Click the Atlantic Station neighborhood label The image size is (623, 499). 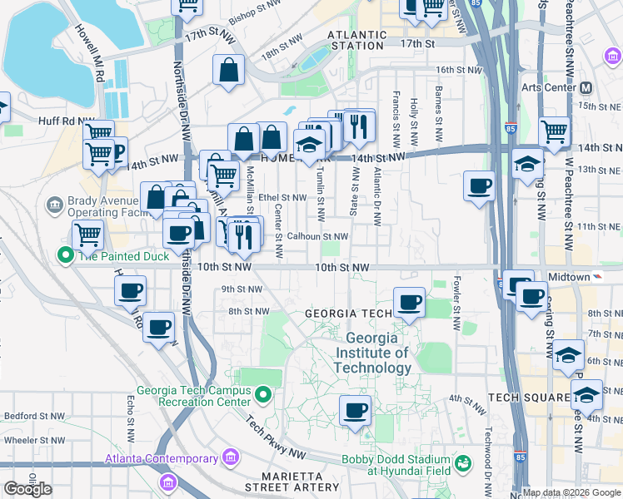click(x=357, y=40)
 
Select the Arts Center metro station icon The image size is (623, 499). click(x=586, y=87)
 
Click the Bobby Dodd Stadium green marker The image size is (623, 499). click(x=463, y=462)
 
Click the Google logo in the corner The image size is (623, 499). click(x=27, y=488)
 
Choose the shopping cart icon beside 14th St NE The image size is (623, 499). click(x=554, y=131)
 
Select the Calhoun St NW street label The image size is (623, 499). click(x=316, y=236)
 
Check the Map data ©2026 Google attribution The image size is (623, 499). click(x=571, y=492)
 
